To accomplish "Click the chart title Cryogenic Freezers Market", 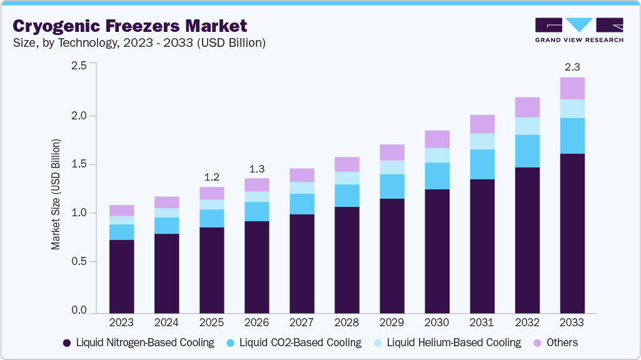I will pos(130,26).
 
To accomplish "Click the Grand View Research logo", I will pos(578,29).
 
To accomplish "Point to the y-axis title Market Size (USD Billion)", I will pos(56,195).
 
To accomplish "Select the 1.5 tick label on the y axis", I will pos(78,164).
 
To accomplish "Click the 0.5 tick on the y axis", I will pos(78,262).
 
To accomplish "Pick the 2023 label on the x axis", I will pos(121,323).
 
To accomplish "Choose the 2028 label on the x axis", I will pos(346,323).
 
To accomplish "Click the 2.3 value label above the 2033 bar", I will pos(572,66).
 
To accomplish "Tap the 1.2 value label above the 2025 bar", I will pos(211,176).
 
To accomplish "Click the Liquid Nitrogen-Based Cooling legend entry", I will pos(138,342).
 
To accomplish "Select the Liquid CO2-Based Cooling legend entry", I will pos(294,342).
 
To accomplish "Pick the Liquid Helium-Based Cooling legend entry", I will pos(447,342).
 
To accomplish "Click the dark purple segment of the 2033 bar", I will pos(572,233).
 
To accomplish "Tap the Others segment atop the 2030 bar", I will pos(437,139).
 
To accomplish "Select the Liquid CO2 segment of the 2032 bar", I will pos(527,151).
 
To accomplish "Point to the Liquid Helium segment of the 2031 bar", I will pos(482,141).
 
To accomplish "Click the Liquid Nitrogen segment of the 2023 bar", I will pos(121,276).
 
